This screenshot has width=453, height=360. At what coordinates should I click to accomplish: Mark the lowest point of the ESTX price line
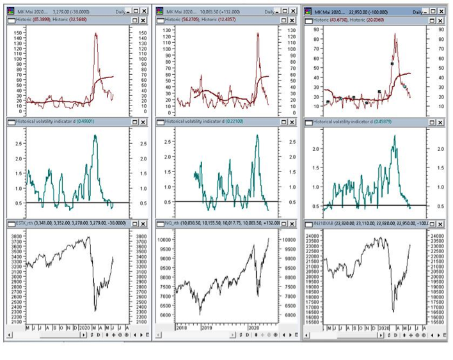[x=95, y=310]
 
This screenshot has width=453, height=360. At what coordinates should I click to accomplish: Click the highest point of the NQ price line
[x=269, y=238]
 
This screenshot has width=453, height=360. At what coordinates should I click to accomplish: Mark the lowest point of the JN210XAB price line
[x=393, y=312]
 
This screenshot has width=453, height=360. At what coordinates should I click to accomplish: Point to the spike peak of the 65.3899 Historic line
[x=96, y=33]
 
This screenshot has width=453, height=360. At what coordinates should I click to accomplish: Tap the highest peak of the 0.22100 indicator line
[x=258, y=135]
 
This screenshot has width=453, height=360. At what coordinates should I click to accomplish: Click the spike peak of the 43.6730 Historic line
[x=395, y=35]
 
